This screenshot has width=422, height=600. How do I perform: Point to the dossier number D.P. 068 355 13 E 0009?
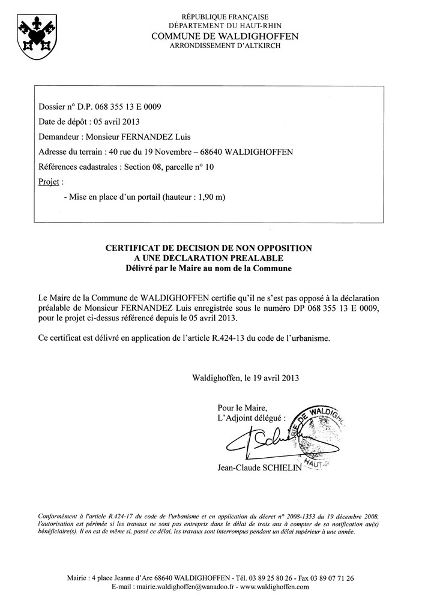click(x=116, y=107)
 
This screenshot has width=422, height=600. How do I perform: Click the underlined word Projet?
click(x=49, y=181)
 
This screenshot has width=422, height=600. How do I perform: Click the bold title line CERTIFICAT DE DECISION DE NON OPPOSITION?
click(x=209, y=247)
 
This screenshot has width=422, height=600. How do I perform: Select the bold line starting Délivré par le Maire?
click(x=209, y=268)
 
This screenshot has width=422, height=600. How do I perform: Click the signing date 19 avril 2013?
click(x=274, y=378)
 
